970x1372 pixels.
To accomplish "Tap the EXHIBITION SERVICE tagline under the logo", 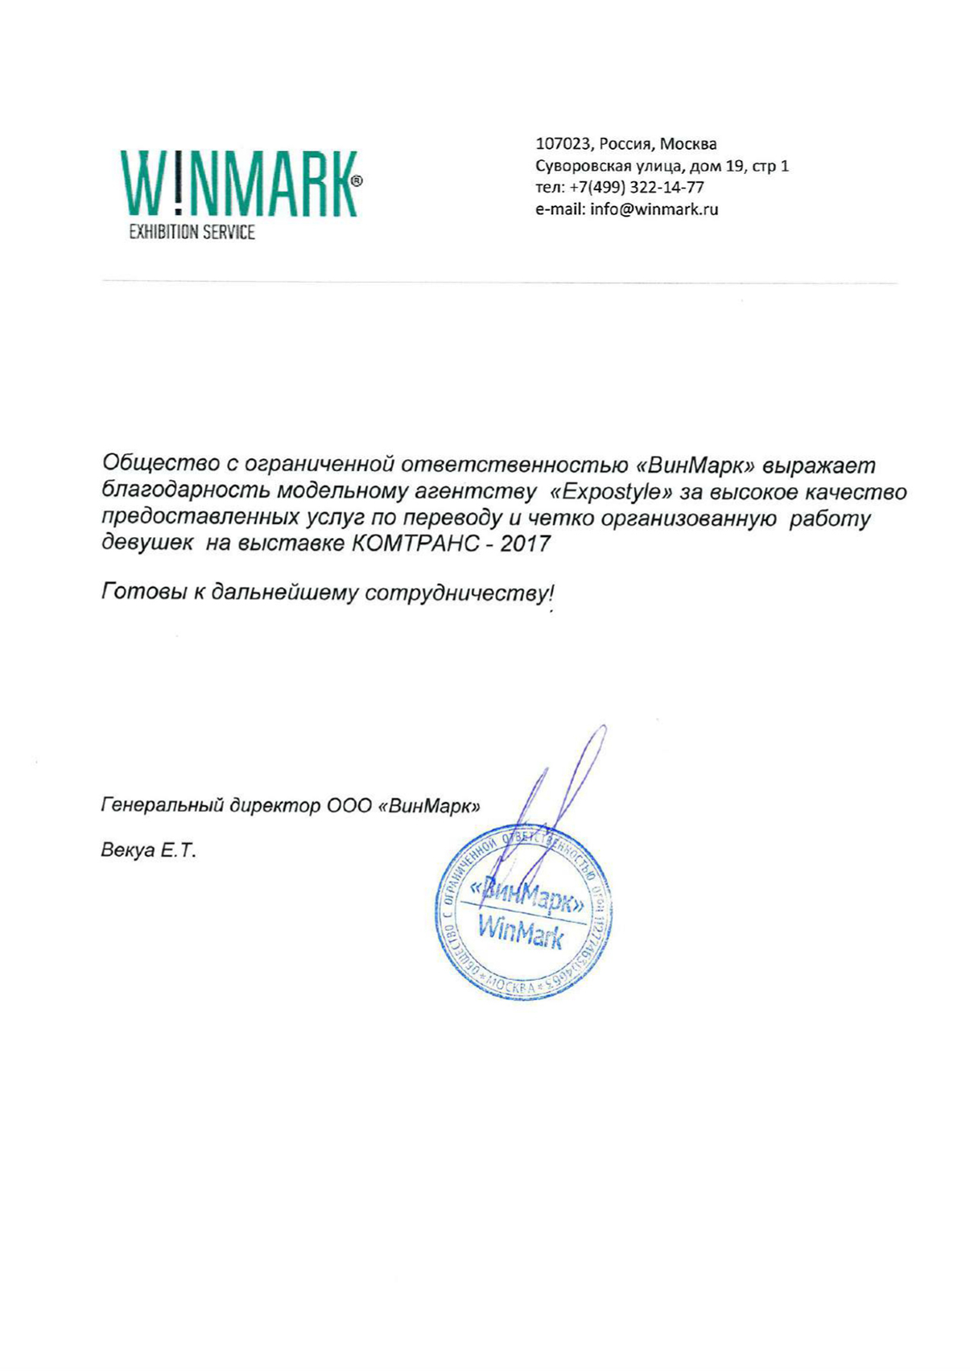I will pyautogui.click(x=192, y=233).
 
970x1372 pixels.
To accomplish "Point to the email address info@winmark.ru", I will pyautogui.click(x=654, y=209).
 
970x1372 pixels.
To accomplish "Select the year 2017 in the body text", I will pyautogui.click(x=525, y=543).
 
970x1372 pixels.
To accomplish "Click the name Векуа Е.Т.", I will pyautogui.click(x=148, y=850).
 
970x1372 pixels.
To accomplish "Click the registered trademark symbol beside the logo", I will pyautogui.click(x=357, y=181).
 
